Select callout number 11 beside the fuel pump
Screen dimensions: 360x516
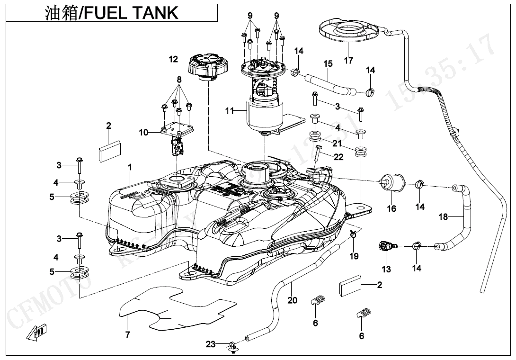coord(230,111)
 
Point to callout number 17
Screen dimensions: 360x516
coord(348,61)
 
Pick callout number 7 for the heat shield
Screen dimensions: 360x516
coord(127,334)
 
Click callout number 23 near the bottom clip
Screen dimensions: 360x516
coord(211,344)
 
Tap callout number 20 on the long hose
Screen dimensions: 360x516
coord(293,300)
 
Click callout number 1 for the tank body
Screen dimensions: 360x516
coord(130,167)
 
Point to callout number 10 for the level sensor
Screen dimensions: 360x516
coord(143,133)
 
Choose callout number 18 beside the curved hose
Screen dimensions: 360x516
coord(443,217)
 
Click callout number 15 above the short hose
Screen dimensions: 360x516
coord(328,63)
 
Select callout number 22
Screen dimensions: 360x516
coord(338,157)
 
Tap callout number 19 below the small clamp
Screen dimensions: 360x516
coord(354,256)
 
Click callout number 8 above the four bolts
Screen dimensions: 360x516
coord(179,79)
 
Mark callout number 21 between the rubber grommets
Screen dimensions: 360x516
coord(337,143)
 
